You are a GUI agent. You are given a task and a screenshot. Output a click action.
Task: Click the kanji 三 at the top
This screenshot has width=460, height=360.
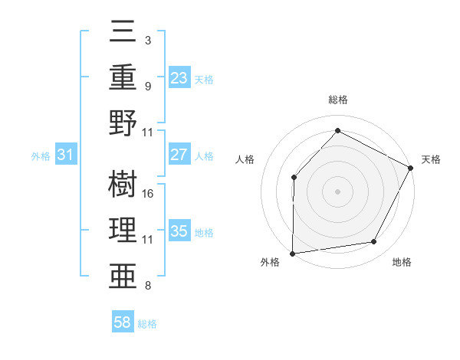[124, 35]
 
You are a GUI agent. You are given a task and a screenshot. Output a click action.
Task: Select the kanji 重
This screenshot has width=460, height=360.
[124, 78]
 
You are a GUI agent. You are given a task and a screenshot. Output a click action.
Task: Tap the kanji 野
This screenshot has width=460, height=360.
[124, 123]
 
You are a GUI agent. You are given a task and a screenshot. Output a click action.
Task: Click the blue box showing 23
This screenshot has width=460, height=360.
[179, 78]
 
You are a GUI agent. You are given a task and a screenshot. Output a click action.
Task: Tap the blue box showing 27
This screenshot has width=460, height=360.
[179, 155]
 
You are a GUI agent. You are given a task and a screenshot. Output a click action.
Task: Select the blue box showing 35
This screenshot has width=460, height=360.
[179, 231]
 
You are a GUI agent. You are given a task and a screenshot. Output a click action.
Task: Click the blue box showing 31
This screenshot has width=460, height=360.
[66, 155]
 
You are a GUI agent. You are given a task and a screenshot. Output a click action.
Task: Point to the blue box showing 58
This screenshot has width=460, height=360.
[123, 323]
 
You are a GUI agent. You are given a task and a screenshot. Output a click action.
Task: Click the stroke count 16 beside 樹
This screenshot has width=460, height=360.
[149, 193]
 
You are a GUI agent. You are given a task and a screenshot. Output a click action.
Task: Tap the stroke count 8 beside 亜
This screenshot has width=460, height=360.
[148, 286]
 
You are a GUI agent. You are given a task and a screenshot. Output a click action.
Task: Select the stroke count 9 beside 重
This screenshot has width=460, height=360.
[148, 87]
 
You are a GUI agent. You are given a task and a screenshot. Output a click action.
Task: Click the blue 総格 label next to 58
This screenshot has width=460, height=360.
[147, 324]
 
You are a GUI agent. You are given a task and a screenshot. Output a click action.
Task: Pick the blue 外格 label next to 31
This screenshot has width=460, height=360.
[41, 155]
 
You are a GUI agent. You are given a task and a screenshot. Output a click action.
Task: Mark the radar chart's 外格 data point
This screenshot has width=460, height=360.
[292, 254]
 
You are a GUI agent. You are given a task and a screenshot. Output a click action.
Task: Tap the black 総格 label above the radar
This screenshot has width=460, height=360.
[337, 100]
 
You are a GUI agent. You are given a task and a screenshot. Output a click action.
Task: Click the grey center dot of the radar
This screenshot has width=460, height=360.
[337, 191]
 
